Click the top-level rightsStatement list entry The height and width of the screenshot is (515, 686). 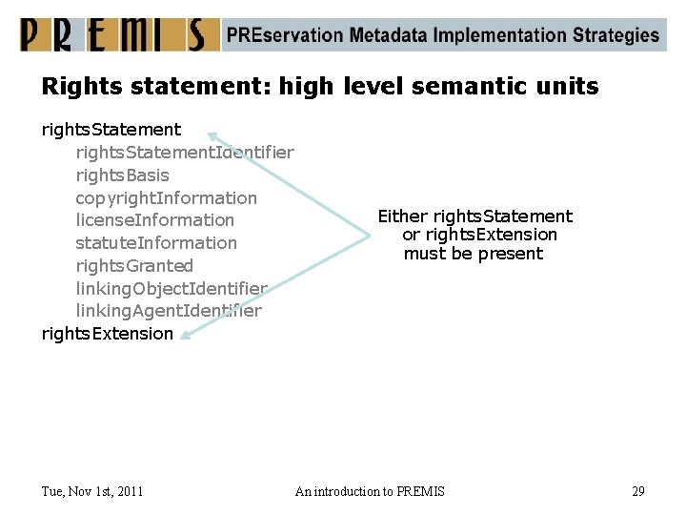111,129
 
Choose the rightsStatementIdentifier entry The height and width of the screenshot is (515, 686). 185,152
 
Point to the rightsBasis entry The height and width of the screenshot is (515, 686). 122,175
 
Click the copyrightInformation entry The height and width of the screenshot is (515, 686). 166,197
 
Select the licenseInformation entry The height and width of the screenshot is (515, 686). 154,220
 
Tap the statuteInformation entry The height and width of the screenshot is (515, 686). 156,243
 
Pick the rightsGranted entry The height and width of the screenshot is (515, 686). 134,266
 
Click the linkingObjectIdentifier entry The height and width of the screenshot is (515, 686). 171,288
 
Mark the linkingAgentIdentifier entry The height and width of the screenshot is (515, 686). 169,311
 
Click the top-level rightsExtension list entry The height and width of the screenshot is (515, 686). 108,334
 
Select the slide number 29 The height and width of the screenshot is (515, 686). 637,491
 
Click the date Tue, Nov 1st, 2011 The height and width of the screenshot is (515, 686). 92,491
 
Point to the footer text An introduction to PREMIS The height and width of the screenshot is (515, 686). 370,491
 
